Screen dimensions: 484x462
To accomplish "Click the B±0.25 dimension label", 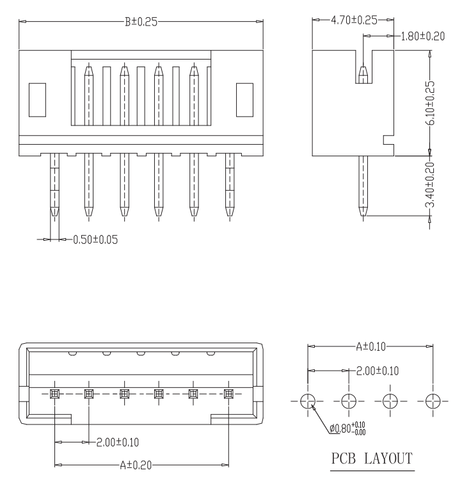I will click(141, 22).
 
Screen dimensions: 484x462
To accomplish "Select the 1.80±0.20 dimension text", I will click(423, 36).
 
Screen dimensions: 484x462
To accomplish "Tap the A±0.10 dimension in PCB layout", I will click(371, 346).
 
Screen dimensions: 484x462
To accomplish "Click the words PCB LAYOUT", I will click(371, 459).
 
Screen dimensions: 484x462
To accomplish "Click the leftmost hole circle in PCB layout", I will click(308, 401).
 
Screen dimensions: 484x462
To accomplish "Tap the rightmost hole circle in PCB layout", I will click(433, 401).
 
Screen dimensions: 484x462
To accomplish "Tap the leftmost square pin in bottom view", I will click(54, 392).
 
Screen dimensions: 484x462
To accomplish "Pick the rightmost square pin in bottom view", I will click(228, 392).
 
